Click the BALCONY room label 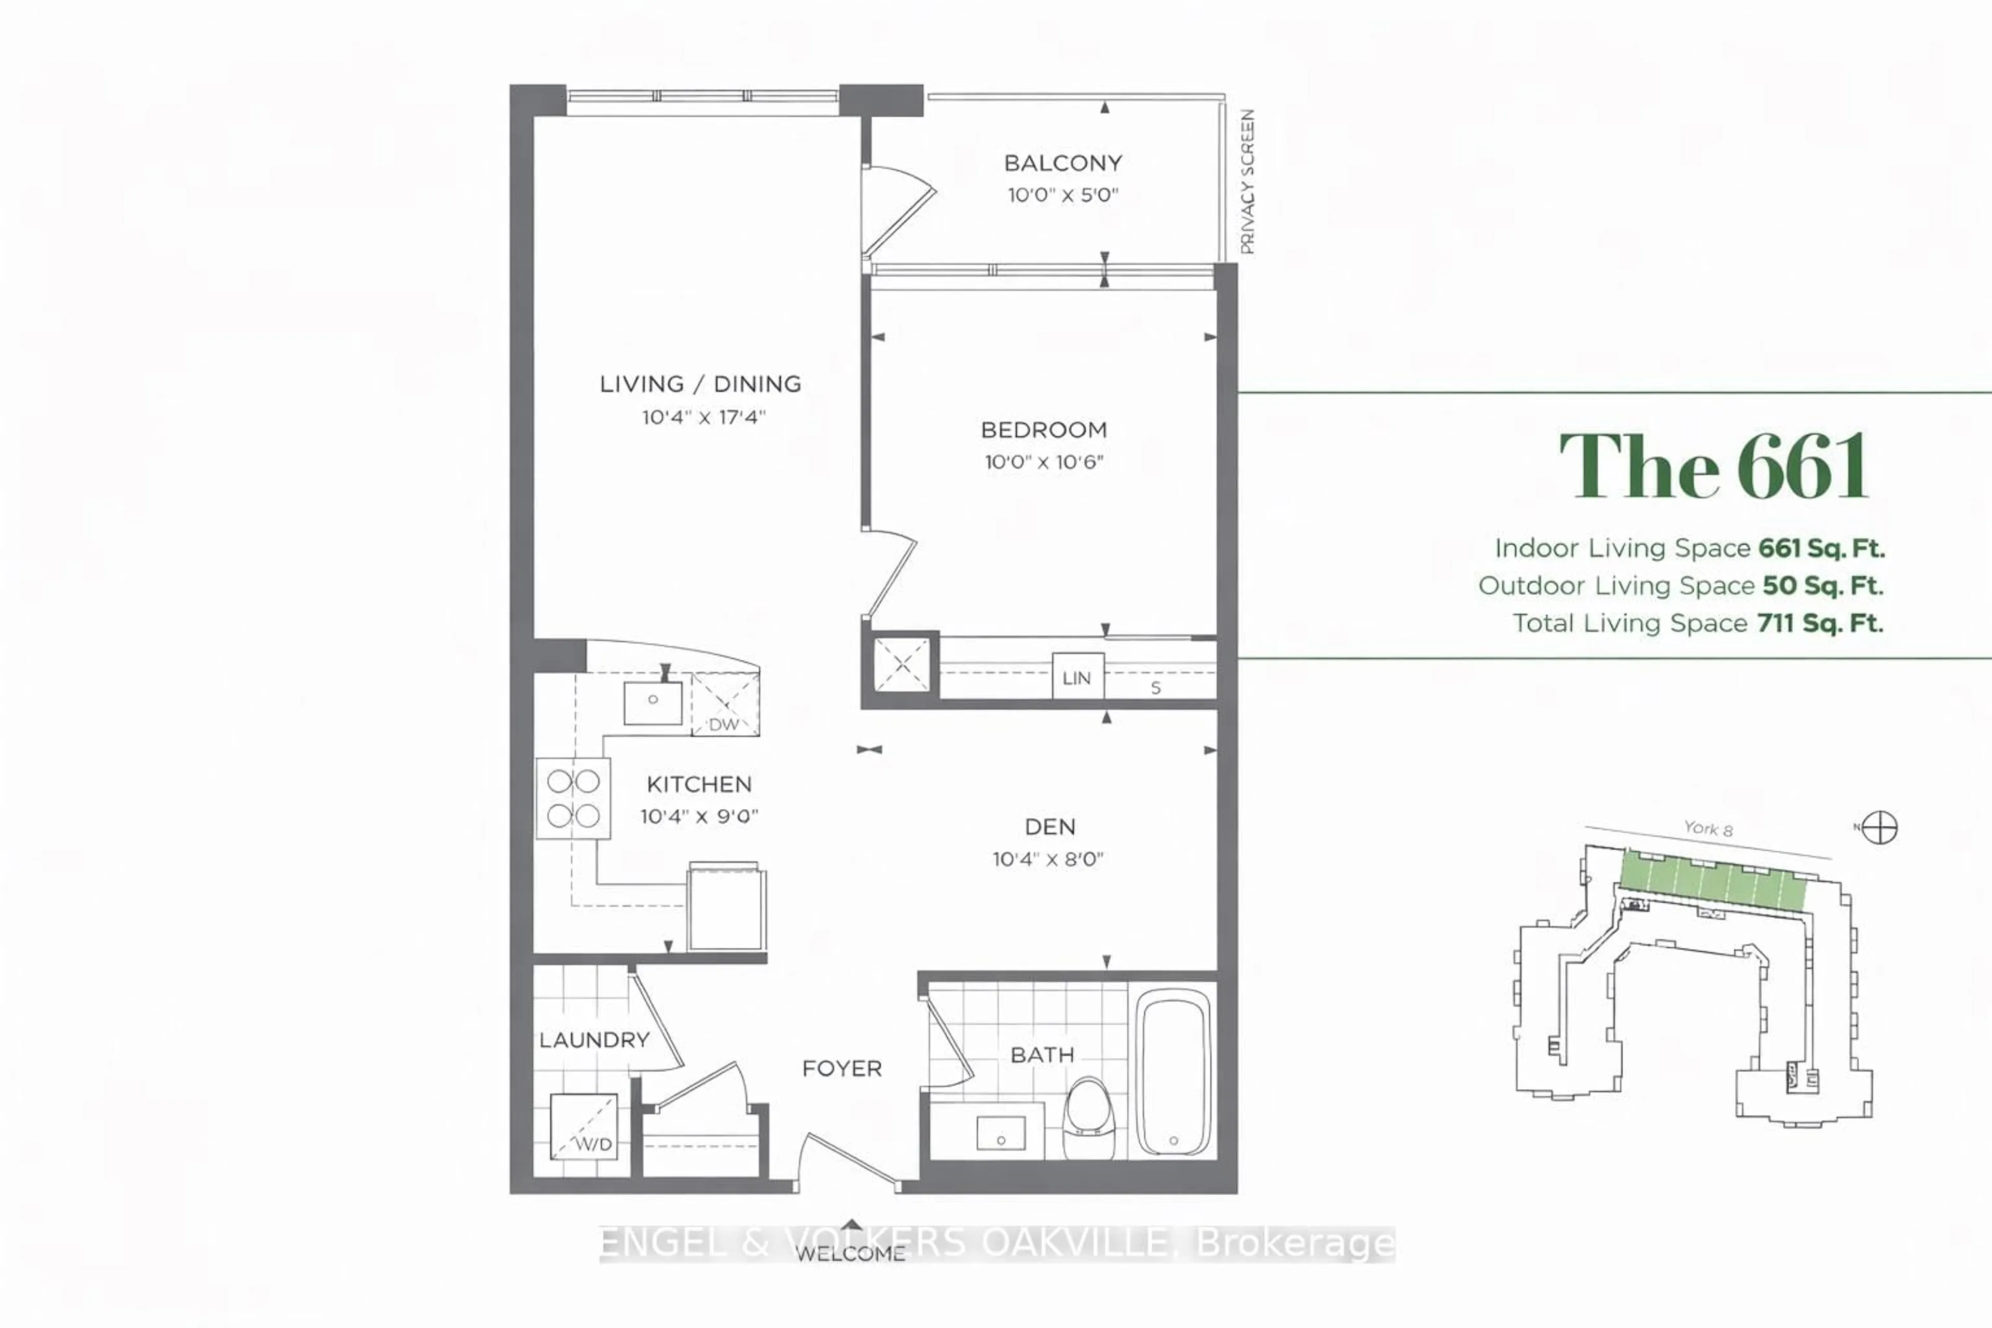pyautogui.click(x=1063, y=162)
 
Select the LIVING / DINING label pyautogui.click(x=700, y=384)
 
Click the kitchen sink pyautogui.click(x=653, y=702)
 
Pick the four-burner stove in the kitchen pyautogui.click(x=573, y=798)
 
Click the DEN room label pyautogui.click(x=1050, y=826)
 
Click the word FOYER pyautogui.click(x=842, y=1069)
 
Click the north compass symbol pyautogui.click(x=1879, y=827)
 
